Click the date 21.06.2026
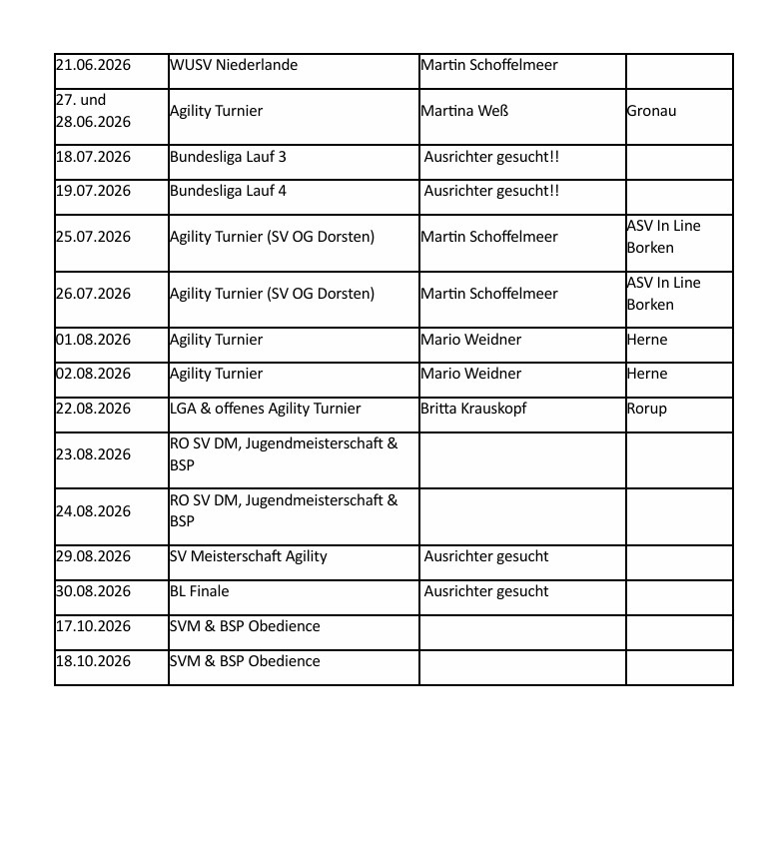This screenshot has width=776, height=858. click(93, 65)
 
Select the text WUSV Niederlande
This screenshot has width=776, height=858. click(234, 65)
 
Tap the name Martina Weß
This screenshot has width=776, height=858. click(464, 111)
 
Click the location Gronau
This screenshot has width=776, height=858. click(651, 111)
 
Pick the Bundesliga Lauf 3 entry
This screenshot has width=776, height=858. click(228, 157)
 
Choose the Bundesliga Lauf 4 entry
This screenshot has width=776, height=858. click(228, 191)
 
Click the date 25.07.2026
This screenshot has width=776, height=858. click(93, 237)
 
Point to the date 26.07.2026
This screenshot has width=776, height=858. click(93, 294)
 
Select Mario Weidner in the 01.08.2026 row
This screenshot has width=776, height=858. click(470, 340)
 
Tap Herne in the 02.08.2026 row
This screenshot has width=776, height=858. click(647, 374)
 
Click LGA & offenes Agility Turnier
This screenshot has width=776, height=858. click(265, 409)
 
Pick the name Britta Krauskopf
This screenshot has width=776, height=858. click(473, 409)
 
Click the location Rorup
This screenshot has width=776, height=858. click(647, 409)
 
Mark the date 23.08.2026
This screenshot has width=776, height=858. click(93, 454)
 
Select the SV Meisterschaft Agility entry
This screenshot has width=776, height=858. click(248, 556)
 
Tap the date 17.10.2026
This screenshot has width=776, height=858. click(93, 626)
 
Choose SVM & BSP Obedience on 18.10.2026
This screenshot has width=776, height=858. click(245, 661)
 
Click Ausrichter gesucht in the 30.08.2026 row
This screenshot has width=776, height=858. click(486, 591)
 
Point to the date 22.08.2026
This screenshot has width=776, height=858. click(93, 409)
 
